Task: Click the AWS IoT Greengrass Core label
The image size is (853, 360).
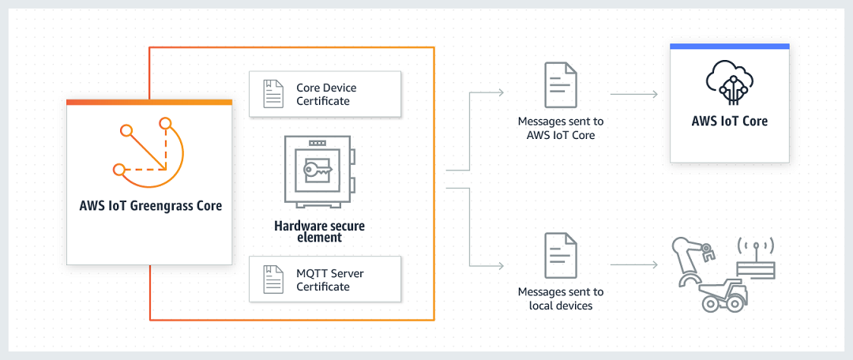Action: pyautogui.click(x=150, y=206)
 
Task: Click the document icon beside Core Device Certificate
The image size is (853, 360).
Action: pyautogui.click(x=273, y=94)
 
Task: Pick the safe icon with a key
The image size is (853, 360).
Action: pyautogui.click(x=319, y=171)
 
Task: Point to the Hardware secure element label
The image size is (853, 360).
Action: pyautogui.click(x=319, y=231)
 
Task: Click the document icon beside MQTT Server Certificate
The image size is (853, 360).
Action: pyautogui.click(x=273, y=279)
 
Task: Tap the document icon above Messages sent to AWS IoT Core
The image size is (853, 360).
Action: pyautogui.click(x=560, y=84)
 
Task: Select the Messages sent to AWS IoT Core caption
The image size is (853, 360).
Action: pyautogui.click(x=560, y=129)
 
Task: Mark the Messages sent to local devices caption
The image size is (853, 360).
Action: pyautogui.click(x=560, y=298)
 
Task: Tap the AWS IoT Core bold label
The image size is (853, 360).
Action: pyautogui.click(x=729, y=122)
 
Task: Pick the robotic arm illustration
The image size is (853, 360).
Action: pyautogui.click(x=691, y=256)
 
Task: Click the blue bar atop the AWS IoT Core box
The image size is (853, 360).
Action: pyautogui.click(x=729, y=47)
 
